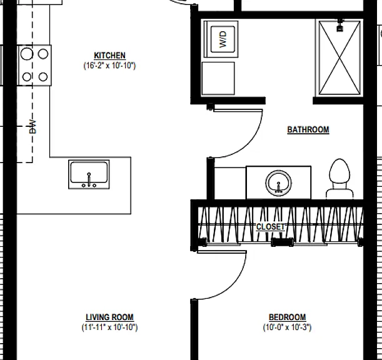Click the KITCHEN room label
point(109,56)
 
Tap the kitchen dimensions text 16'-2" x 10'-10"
point(109,66)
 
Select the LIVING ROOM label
point(109,317)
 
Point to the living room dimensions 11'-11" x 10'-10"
point(109,327)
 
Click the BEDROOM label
point(287,317)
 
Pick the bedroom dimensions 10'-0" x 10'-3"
point(287,327)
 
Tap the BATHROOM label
point(308,129)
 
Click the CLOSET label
point(271,227)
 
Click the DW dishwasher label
point(33,127)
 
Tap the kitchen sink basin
point(89,174)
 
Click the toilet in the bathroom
point(340,179)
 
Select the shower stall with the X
point(339,57)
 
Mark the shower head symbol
point(340,26)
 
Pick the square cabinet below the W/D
point(218,78)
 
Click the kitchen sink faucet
point(89,180)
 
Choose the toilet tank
point(340,194)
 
